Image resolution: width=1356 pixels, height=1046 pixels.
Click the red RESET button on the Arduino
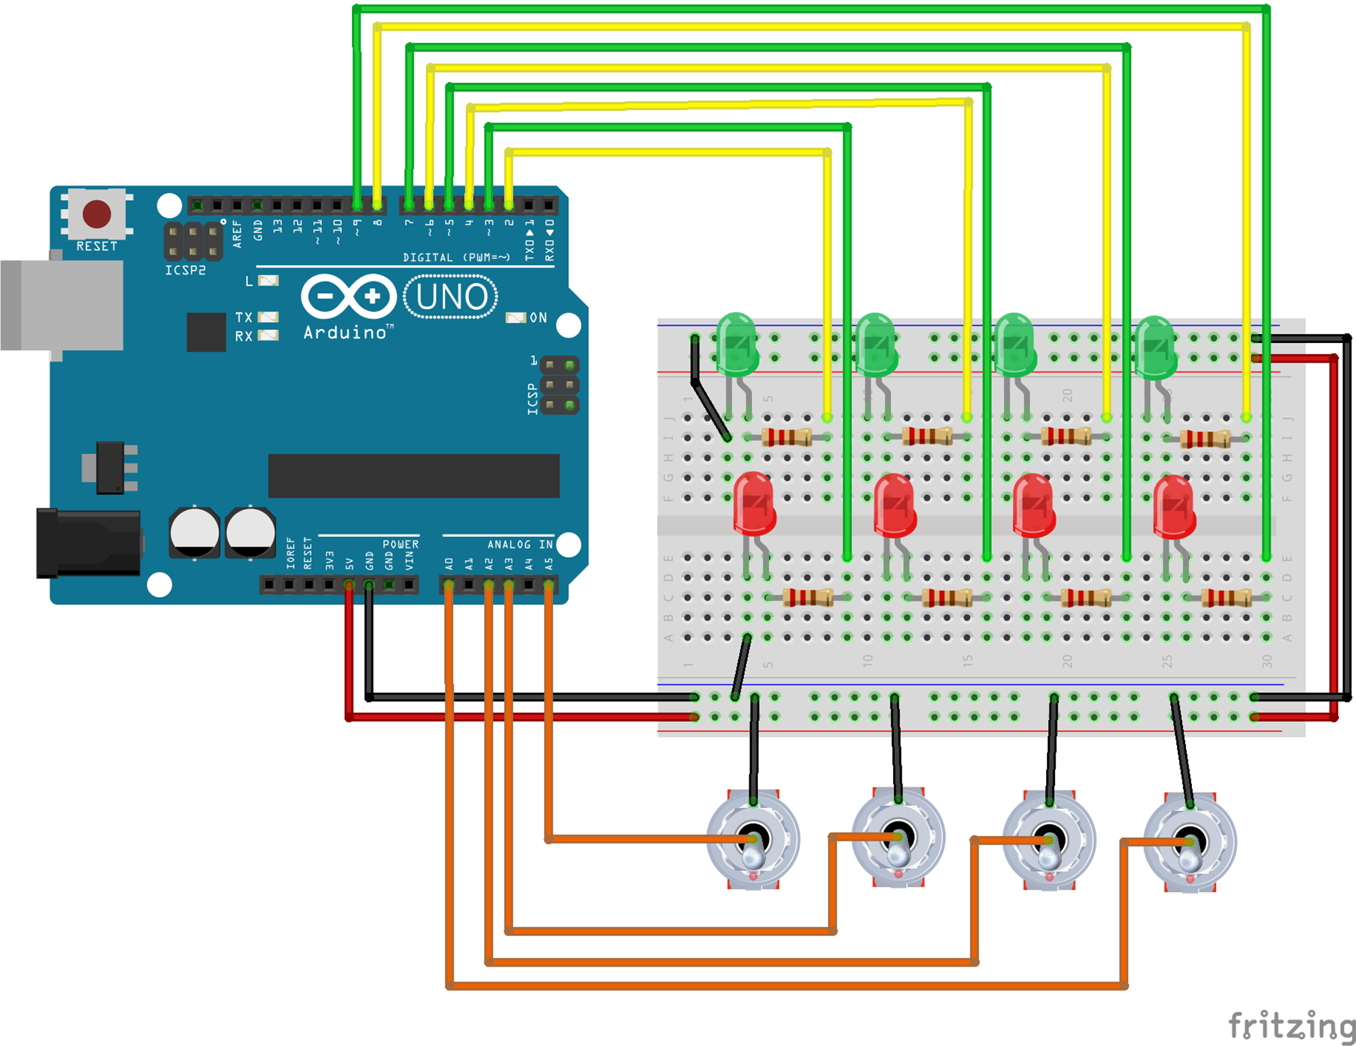click(96, 214)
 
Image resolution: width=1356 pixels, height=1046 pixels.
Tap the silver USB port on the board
click(62, 305)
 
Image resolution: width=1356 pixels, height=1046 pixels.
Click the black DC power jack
click(88, 542)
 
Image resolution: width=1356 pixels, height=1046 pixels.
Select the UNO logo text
click(451, 297)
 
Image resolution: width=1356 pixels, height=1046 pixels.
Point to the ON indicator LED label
click(538, 317)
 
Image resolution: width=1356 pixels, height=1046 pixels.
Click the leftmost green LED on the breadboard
click(736, 344)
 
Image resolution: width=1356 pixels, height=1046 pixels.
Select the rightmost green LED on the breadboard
click(1155, 347)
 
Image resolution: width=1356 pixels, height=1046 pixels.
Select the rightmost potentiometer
click(1190, 843)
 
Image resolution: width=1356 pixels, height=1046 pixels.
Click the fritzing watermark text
click(1292, 1025)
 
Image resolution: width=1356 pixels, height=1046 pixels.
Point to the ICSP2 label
click(185, 270)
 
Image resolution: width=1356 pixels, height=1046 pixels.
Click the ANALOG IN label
click(520, 544)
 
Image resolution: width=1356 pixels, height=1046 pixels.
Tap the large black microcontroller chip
click(414, 476)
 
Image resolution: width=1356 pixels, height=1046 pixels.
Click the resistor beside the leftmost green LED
click(787, 437)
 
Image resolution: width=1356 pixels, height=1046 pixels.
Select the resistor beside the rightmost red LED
click(1227, 597)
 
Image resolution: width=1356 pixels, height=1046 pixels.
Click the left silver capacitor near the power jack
click(195, 533)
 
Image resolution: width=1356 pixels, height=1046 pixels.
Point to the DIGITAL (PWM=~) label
click(456, 258)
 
